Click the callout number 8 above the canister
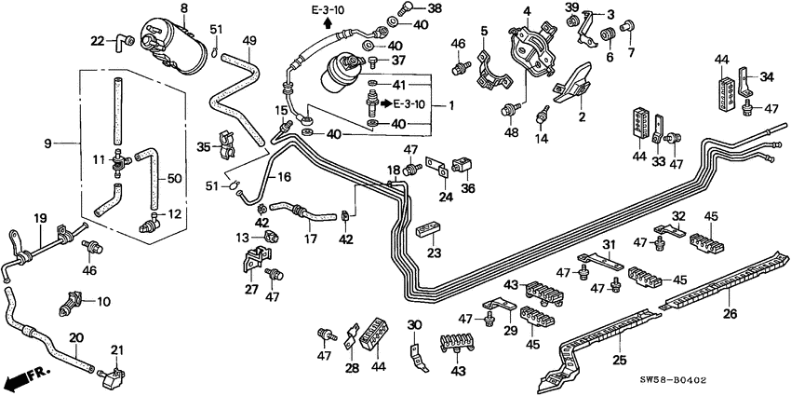coord(183,8)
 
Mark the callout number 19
coord(39,219)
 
